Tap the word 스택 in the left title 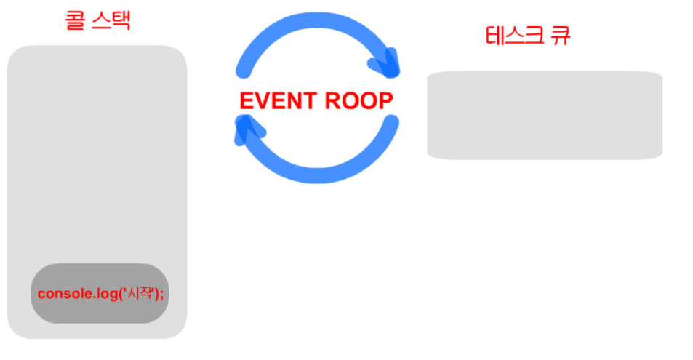[110, 19]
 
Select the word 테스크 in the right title [511, 36]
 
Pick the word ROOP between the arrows [359, 101]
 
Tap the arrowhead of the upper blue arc [388, 64]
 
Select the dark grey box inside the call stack [100, 293]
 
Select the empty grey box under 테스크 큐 [545, 115]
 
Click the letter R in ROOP [334, 101]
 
